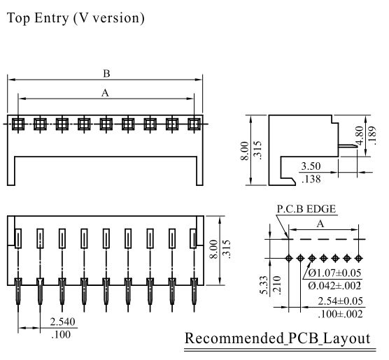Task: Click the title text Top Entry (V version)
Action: click(76, 18)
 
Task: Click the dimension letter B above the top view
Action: click(106, 73)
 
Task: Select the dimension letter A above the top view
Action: click(105, 93)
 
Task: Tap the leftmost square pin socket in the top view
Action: click(18, 124)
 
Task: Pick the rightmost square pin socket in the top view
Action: click(194, 124)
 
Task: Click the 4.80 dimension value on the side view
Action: click(359, 135)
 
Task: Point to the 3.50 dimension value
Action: click(311, 166)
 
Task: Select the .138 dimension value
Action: click(311, 179)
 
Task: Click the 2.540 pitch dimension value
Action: click(62, 322)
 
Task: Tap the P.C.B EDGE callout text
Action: click(306, 209)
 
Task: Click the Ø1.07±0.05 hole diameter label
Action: click(334, 273)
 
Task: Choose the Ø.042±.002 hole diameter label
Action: click(334, 286)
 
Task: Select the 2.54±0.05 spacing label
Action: click(340, 301)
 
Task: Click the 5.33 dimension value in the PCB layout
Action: click(264, 285)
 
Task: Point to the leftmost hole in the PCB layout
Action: click(288, 259)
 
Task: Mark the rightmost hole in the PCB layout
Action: click(358, 259)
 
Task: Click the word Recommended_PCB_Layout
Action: click(278, 338)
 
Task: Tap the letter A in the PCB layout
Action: click(320, 224)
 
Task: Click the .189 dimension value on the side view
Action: click(372, 135)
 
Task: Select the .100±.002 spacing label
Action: click(340, 314)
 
